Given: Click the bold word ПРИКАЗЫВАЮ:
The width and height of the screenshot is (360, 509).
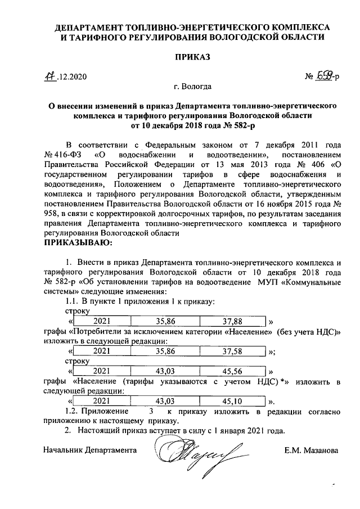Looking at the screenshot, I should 78,243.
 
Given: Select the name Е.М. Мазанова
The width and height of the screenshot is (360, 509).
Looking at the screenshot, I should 310,451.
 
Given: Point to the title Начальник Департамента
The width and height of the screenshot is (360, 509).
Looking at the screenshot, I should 90,451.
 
